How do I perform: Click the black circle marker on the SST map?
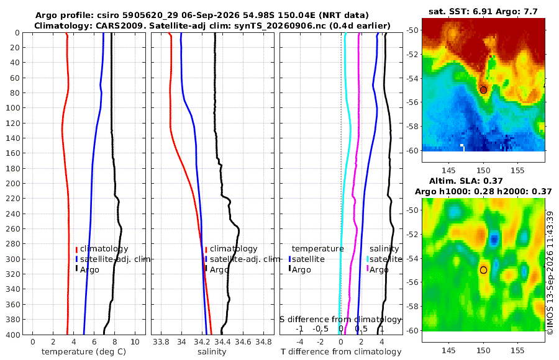(x=483, y=90)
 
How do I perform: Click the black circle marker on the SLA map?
(x=483, y=270)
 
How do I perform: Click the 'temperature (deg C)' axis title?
(x=84, y=352)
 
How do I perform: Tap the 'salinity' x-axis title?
(x=212, y=352)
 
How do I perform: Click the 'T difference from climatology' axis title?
(x=341, y=352)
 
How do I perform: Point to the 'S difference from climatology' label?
(x=340, y=320)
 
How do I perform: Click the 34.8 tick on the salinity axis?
(x=264, y=342)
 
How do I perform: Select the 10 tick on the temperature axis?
(x=135, y=342)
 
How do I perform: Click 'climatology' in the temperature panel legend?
(x=104, y=249)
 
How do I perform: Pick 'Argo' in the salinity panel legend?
(x=219, y=270)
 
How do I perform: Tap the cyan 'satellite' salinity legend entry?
(x=386, y=259)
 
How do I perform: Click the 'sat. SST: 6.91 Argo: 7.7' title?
(x=483, y=11)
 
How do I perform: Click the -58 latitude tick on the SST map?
(x=413, y=127)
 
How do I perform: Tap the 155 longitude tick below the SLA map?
(x=517, y=351)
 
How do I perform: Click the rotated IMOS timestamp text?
(x=550, y=273)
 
